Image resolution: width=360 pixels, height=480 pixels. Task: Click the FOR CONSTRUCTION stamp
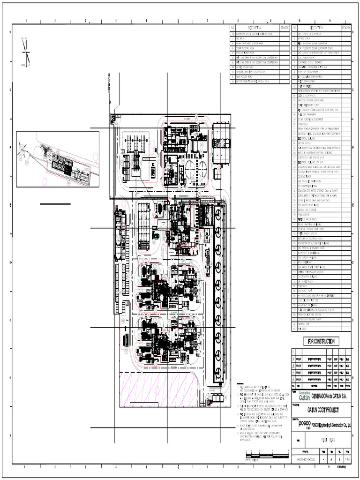pos(321,341)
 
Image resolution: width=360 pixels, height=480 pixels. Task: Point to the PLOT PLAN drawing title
pos(327,441)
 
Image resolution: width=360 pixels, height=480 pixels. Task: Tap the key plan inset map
pos(57,159)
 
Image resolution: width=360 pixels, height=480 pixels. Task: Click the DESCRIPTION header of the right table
pos(318,28)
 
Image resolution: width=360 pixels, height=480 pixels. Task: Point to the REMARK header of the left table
pos(285,28)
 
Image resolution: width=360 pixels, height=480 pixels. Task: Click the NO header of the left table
pos(232,28)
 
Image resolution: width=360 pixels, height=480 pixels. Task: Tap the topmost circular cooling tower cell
pos(218,213)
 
